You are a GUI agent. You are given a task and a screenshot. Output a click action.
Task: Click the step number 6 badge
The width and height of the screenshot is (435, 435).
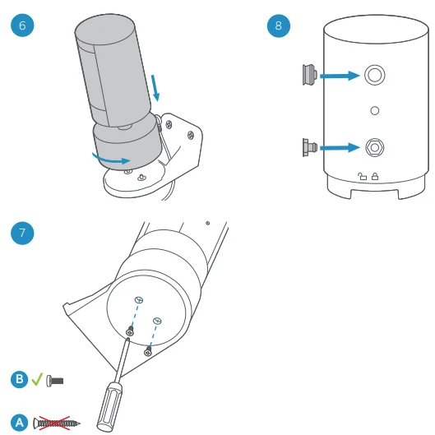[21, 25]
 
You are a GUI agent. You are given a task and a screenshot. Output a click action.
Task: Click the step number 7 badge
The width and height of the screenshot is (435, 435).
[21, 233]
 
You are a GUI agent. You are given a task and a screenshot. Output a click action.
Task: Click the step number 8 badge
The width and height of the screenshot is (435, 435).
[279, 25]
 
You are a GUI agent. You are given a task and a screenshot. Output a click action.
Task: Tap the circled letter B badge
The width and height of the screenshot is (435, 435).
[20, 379]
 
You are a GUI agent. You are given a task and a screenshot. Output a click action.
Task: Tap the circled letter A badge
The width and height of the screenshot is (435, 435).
[20, 423]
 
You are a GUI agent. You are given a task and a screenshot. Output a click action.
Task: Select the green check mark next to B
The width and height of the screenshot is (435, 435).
[37, 379]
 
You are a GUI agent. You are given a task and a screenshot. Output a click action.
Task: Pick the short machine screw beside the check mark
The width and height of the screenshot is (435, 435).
[55, 380]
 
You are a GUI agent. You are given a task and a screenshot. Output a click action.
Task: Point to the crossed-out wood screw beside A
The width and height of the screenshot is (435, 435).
[57, 423]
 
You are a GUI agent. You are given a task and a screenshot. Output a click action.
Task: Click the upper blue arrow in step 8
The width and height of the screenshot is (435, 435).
[339, 76]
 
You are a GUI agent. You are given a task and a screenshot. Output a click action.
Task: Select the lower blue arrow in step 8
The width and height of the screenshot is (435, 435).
[339, 149]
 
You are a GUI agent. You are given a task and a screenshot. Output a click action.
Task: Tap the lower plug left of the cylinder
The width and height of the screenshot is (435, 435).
[309, 149]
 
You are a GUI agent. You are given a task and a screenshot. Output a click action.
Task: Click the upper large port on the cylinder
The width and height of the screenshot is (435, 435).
[374, 76]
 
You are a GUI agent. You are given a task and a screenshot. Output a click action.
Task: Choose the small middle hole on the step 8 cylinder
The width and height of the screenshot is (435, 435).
[374, 109]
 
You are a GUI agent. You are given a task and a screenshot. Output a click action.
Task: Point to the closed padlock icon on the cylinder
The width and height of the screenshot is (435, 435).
[375, 175]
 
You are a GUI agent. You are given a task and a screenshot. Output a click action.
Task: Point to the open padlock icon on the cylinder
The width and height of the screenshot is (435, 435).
[362, 175]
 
